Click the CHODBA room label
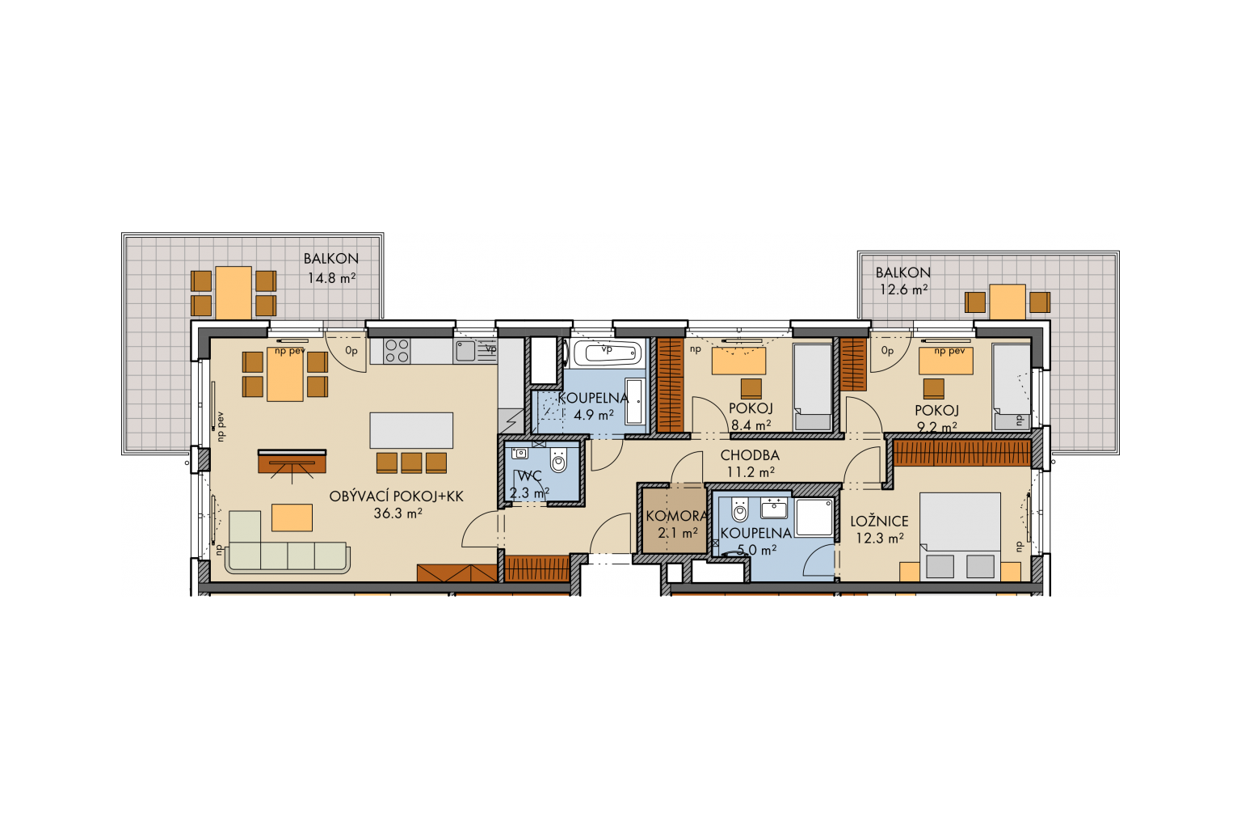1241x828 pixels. (x=750, y=455)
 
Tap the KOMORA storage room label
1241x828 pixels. (x=676, y=517)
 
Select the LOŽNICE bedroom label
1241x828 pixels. (x=879, y=522)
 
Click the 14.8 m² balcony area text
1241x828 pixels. (x=331, y=278)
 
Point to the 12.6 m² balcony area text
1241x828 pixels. (x=903, y=289)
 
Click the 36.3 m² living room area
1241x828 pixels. (x=398, y=513)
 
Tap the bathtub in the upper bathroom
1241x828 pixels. (x=608, y=353)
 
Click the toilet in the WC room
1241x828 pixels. (x=559, y=460)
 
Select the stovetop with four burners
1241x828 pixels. (x=398, y=350)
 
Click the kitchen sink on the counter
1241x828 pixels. (x=465, y=350)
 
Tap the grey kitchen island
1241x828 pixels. (x=411, y=430)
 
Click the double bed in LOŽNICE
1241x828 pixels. (x=960, y=536)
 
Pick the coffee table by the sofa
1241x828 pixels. (x=292, y=517)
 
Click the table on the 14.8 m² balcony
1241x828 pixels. (x=233, y=293)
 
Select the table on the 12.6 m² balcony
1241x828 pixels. (x=1008, y=302)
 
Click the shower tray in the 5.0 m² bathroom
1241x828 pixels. (x=814, y=517)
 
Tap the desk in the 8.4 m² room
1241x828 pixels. (x=738, y=361)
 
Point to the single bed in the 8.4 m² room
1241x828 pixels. (x=813, y=387)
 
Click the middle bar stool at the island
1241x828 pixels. (x=411, y=463)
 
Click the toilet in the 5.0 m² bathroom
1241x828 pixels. (x=739, y=510)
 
